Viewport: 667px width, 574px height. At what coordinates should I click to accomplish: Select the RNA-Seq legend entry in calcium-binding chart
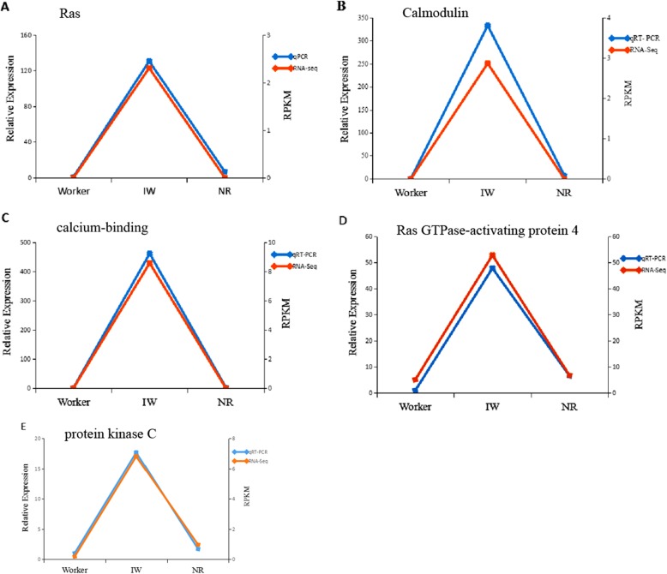[x=306, y=266]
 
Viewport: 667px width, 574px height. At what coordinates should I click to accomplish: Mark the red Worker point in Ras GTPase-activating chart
[x=416, y=380]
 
